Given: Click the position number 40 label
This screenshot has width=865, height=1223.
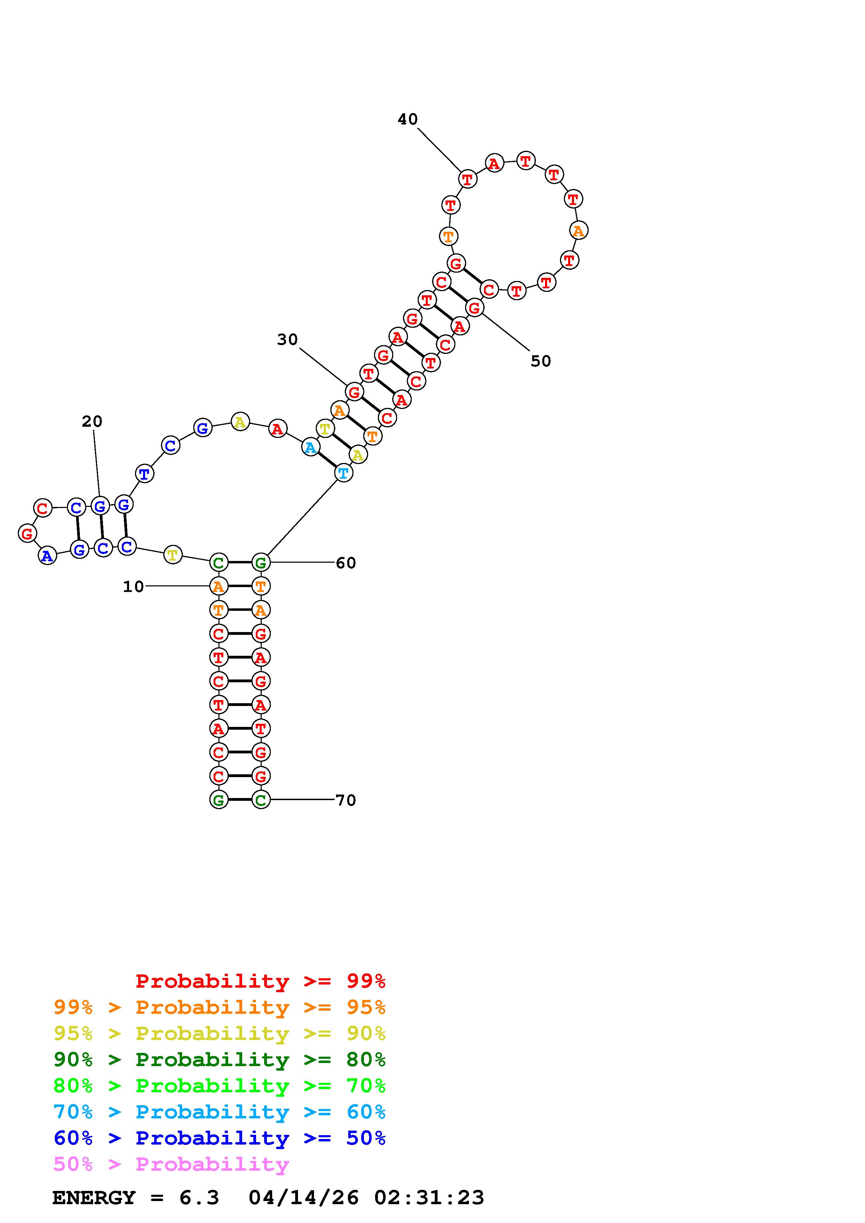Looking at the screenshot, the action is pyautogui.click(x=407, y=119).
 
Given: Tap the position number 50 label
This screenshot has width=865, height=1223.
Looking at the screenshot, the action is pyautogui.click(x=540, y=361).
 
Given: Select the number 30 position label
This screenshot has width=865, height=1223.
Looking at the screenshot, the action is pyautogui.click(x=287, y=339).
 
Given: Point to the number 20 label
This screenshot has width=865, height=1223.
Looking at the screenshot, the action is pyautogui.click(x=92, y=421).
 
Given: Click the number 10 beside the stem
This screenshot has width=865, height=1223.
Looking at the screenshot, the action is pyautogui.click(x=133, y=586).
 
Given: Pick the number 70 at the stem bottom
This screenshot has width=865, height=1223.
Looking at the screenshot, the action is pyautogui.click(x=346, y=800).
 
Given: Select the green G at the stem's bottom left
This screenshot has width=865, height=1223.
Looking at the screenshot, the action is pyautogui.click(x=218, y=799).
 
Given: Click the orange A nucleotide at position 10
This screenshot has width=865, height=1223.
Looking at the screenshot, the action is pyautogui.click(x=218, y=586).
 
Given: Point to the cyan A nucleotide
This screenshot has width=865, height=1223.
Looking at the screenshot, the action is pyautogui.click(x=310, y=447).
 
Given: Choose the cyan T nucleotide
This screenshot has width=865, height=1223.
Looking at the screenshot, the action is pyautogui.click(x=344, y=472).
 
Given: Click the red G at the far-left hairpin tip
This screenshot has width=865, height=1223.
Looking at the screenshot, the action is pyautogui.click(x=27, y=533).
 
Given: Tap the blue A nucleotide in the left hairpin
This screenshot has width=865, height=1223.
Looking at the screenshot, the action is pyautogui.click(x=47, y=556).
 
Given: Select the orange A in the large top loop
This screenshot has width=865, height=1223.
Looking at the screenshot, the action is pyautogui.click(x=578, y=231).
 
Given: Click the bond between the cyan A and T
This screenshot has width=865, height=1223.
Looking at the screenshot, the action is pyautogui.click(x=327, y=460).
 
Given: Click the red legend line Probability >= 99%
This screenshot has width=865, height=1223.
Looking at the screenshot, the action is pyautogui.click(x=261, y=981).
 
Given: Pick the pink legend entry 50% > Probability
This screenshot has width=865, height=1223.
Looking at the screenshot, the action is pyautogui.click(x=171, y=1164).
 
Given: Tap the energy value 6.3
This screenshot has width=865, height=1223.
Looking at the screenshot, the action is pyautogui.click(x=199, y=1198).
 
